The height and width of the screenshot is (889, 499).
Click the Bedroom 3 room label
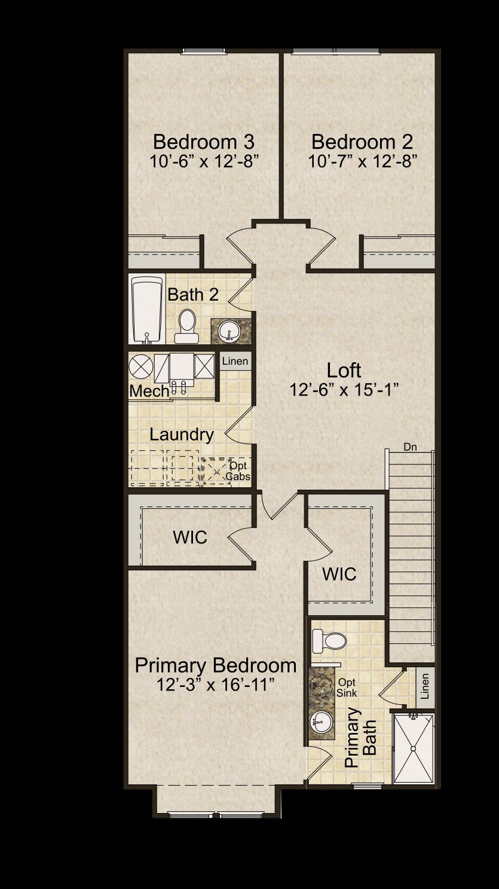204,142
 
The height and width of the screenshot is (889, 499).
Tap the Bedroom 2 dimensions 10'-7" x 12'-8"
363,161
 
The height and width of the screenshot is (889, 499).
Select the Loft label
344,370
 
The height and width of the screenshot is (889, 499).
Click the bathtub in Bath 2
147,310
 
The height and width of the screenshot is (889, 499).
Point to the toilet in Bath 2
187,326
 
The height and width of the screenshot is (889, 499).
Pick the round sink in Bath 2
229,331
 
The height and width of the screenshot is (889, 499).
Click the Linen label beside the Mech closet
235,361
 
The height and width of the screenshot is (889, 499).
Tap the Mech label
149,392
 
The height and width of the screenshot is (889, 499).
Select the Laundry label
182,435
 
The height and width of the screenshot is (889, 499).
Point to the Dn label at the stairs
410,447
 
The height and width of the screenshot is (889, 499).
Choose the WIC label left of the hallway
190,537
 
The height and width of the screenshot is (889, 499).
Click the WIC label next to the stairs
339,574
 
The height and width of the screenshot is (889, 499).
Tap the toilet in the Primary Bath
329,640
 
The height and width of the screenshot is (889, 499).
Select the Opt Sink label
347,688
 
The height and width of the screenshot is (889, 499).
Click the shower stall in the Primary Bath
414,748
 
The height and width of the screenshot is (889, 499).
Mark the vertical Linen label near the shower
425,686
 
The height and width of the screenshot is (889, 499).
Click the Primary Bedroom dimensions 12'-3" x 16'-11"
216,685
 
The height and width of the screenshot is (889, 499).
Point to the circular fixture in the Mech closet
141,366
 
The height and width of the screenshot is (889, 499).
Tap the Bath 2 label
193,295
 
